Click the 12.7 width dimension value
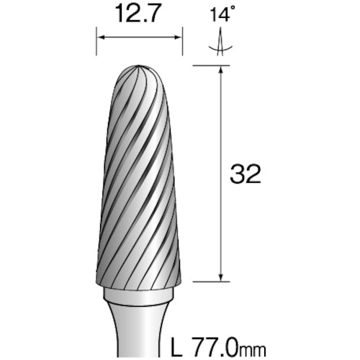click(138, 12)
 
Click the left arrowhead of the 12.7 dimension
click(99, 37)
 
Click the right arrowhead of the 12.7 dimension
click(179, 37)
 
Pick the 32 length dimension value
click(246, 175)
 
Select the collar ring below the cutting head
click(138, 298)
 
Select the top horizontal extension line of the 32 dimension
click(209, 66)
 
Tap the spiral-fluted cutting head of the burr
click(138, 180)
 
